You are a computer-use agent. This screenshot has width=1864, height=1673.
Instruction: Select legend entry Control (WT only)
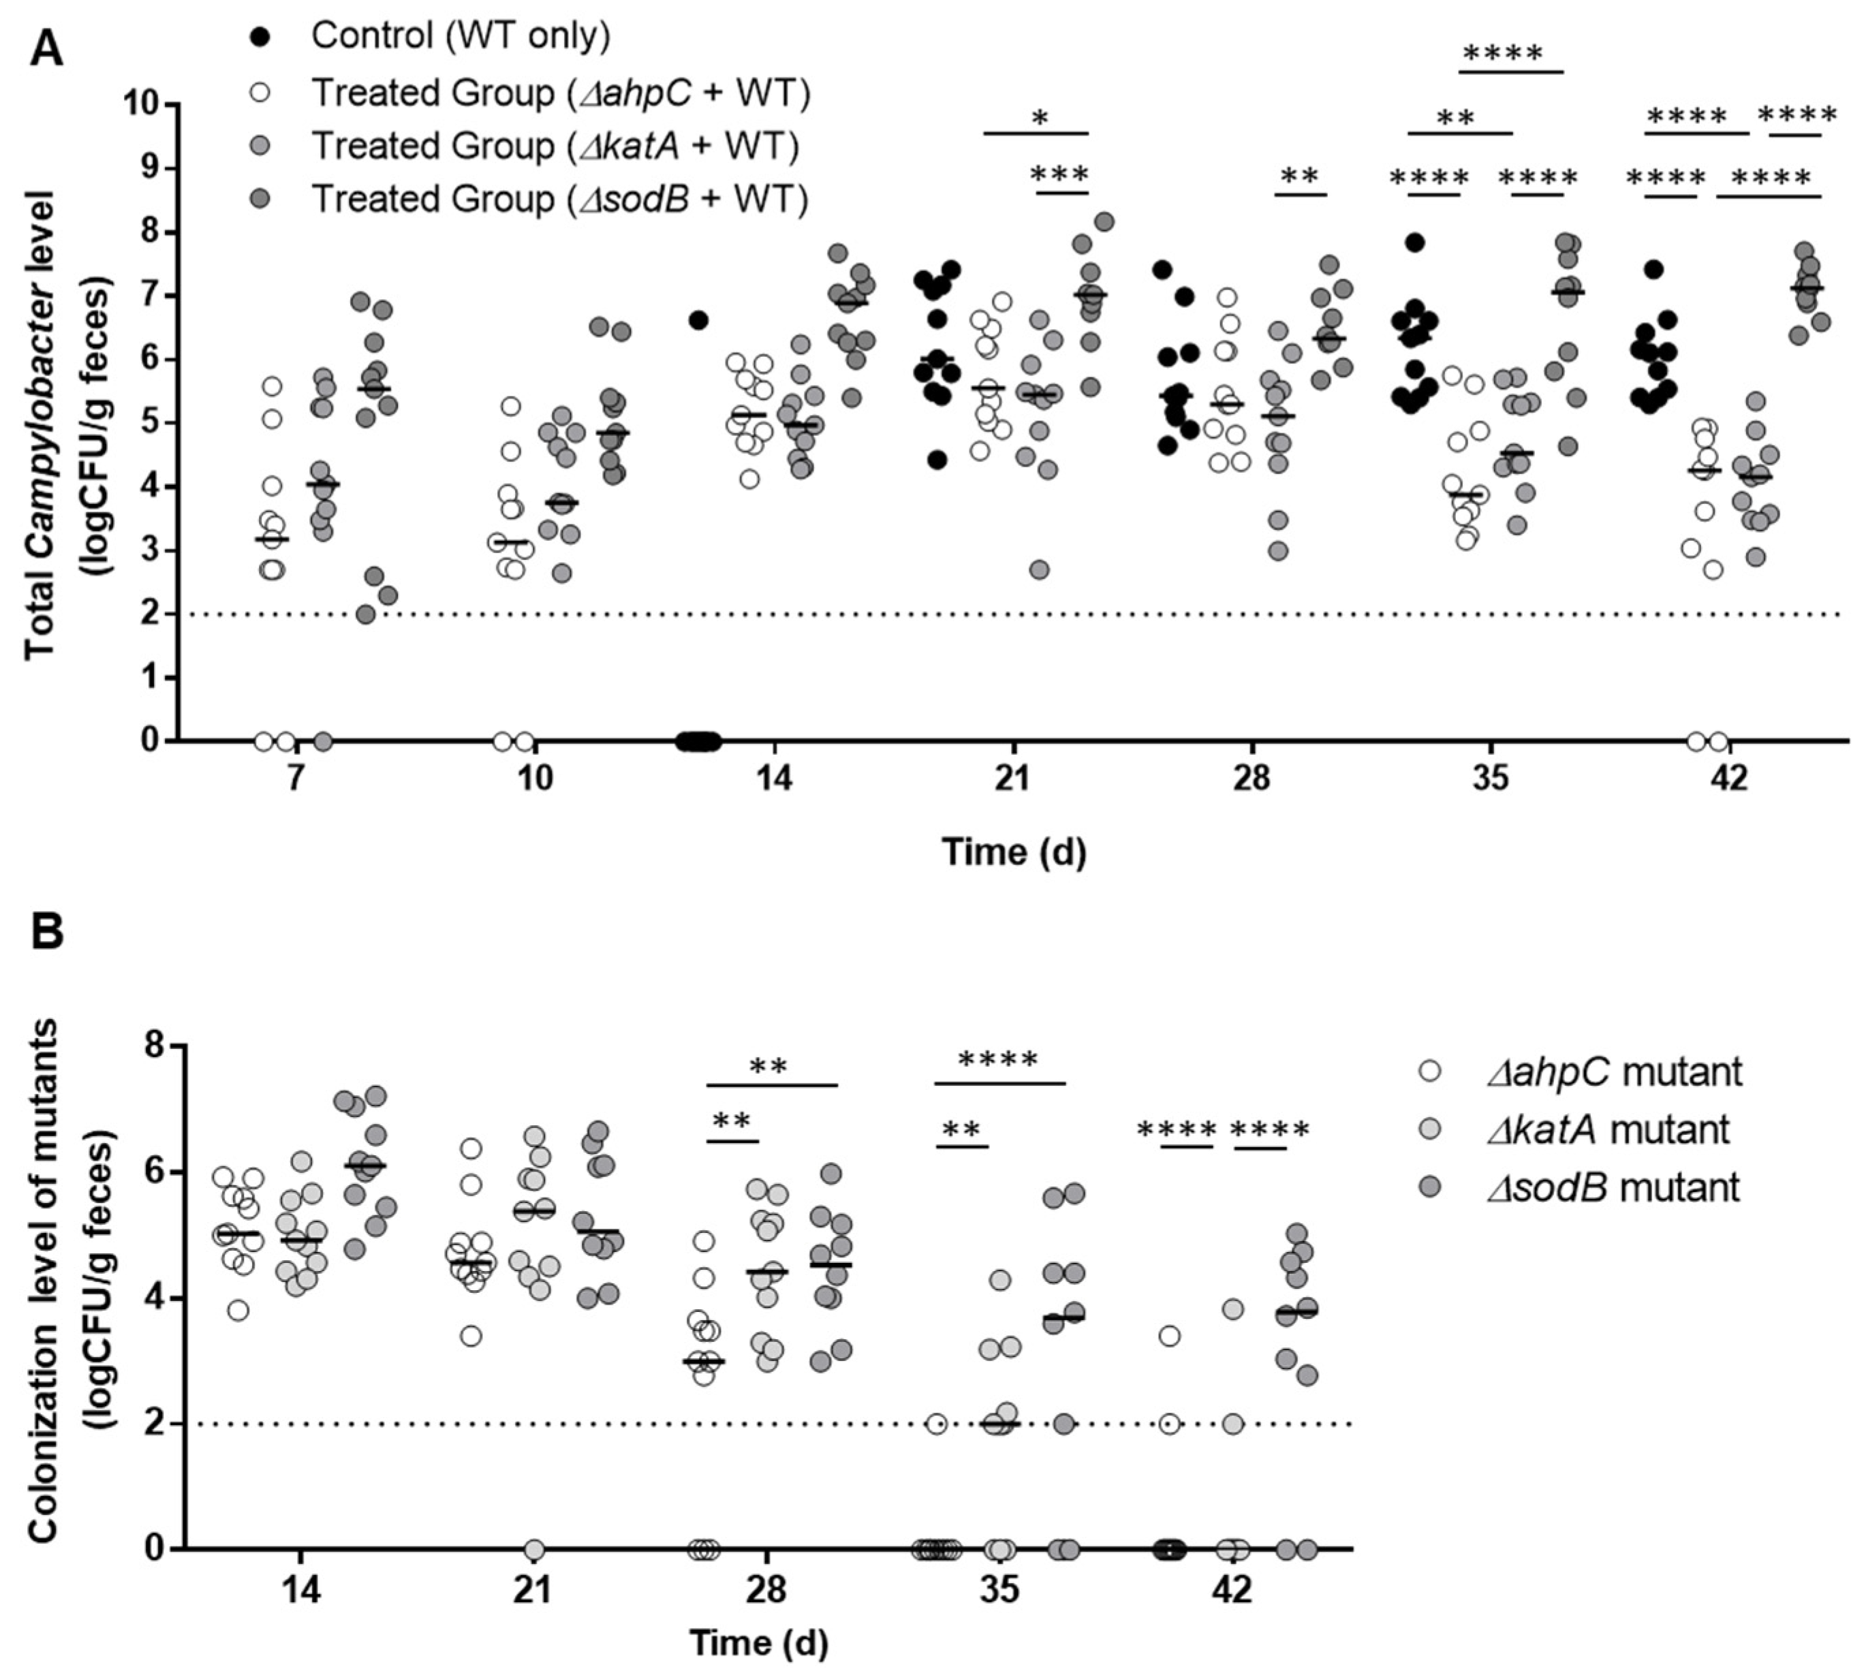460,37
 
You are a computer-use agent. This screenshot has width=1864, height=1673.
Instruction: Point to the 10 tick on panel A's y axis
147,106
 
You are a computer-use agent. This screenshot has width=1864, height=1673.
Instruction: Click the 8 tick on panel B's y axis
156,1045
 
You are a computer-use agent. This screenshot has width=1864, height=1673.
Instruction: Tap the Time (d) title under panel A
1014,852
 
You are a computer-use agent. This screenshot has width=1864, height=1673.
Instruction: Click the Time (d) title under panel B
759,1642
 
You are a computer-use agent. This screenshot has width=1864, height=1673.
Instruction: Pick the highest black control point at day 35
1414,243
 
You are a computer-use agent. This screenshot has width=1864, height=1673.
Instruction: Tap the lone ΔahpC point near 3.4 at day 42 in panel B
1169,1336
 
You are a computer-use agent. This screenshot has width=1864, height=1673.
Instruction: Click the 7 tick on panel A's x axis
294,779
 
